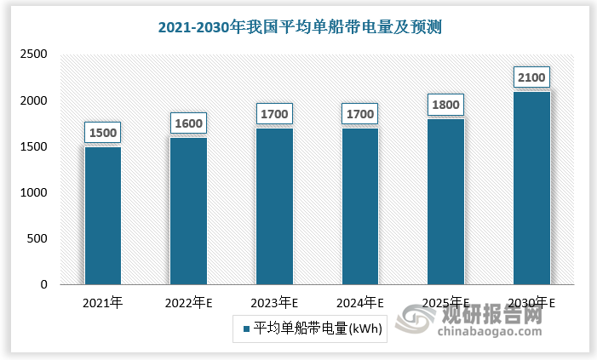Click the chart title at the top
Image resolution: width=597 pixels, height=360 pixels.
(x=300, y=27)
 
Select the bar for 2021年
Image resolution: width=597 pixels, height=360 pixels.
(x=103, y=216)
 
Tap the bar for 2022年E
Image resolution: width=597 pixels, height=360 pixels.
(x=189, y=211)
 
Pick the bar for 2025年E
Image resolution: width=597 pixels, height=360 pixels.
(x=446, y=202)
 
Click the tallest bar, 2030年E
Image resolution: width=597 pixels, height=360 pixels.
(x=531, y=188)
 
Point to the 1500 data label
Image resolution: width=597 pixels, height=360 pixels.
(x=103, y=133)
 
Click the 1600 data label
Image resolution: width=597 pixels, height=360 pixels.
(x=189, y=123)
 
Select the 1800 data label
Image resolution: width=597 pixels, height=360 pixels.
(x=446, y=106)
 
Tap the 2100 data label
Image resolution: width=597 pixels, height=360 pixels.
(x=531, y=77)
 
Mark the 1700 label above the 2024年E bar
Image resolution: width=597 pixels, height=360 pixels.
(x=360, y=113)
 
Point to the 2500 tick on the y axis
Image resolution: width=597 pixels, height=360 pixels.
(x=33, y=54)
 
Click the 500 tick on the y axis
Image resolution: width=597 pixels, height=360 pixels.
(x=37, y=239)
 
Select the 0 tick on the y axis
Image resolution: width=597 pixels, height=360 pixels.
(x=43, y=285)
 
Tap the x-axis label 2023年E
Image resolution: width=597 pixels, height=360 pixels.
(x=275, y=303)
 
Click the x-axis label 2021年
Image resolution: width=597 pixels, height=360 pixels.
(x=103, y=303)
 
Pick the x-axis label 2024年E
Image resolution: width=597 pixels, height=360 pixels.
(x=360, y=303)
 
